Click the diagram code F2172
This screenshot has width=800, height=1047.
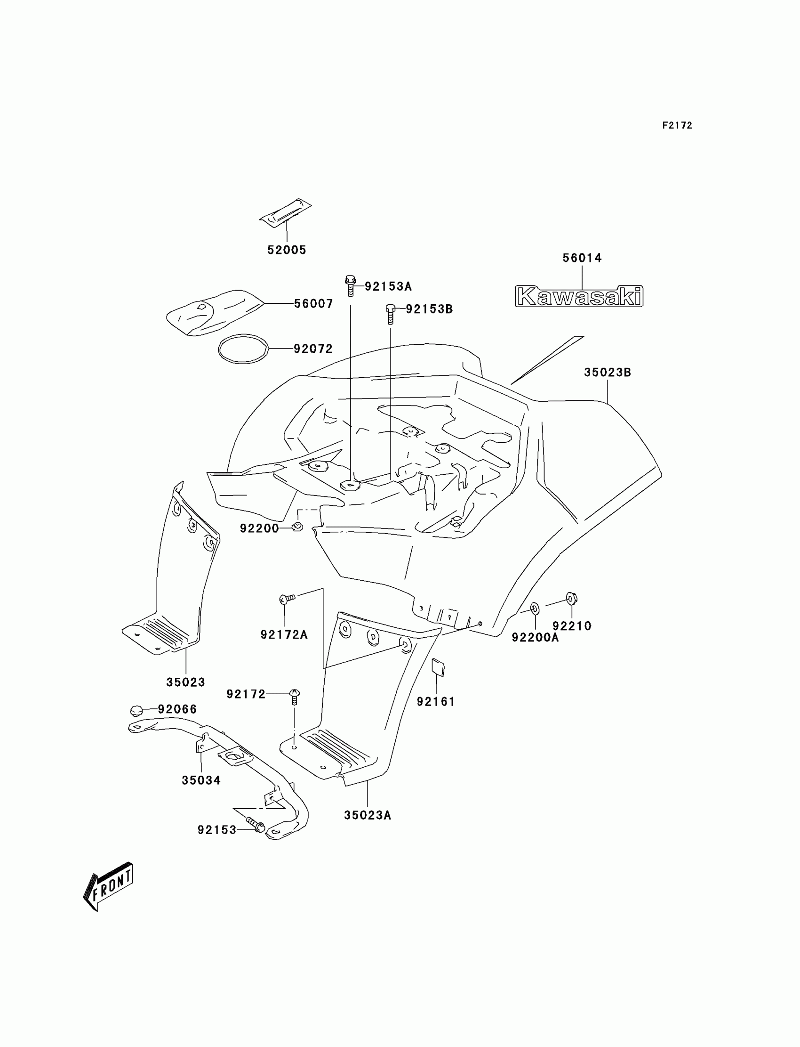pyautogui.click(x=677, y=125)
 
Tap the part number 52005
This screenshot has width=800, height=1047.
pyautogui.click(x=287, y=250)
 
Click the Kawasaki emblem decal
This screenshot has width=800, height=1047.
pyautogui.click(x=579, y=296)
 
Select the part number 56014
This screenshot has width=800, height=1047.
pyautogui.click(x=582, y=258)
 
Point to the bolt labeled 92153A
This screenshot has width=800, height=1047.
pyautogui.click(x=351, y=284)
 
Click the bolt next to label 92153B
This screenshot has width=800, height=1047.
pyautogui.click(x=391, y=314)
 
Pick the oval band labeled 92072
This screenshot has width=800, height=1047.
pyautogui.click(x=243, y=349)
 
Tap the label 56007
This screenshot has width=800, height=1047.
pyautogui.click(x=313, y=304)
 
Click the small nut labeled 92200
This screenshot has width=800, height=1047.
pyautogui.click(x=297, y=527)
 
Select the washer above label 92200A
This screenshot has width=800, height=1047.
pyautogui.click(x=534, y=608)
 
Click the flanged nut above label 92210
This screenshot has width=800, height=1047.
pyautogui.click(x=571, y=598)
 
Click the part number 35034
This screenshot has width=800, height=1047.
pyautogui.click(x=201, y=780)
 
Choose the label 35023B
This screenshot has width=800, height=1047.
pyautogui.click(x=607, y=372)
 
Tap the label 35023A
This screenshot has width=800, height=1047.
pyautogui.click(x=367, y=815)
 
